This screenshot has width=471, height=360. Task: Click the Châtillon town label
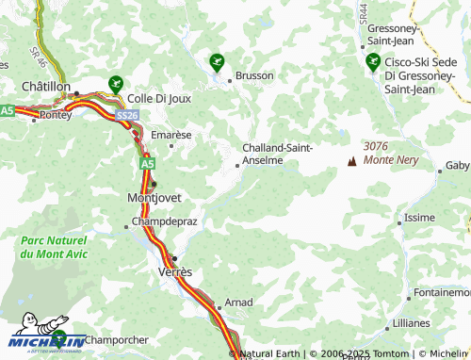tap(46, 86)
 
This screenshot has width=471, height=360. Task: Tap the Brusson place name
tap(254, 75)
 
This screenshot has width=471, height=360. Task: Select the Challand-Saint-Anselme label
tap(278, 154)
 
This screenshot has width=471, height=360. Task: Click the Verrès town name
tap(172, 271)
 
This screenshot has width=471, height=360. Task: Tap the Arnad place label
tap(240, 303)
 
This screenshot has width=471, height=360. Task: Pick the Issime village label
tap(419, 218)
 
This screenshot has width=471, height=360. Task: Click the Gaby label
tap(457, 165)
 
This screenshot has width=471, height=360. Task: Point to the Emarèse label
tap(171, 135)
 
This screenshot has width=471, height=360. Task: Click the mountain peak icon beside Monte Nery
tap(352, 161)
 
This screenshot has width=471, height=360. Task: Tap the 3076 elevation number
tap(377, 146)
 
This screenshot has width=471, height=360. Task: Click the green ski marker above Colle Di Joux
tap(116, 83)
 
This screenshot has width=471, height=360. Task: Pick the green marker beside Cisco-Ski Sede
tap(372, 62)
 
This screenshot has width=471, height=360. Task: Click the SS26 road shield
tap(127, 114)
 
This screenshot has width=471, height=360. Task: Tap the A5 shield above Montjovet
tap(148, 163)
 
